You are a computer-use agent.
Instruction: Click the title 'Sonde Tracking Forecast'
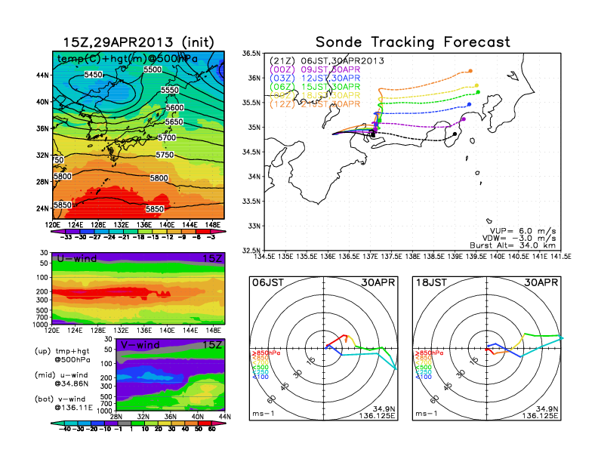point(412,42)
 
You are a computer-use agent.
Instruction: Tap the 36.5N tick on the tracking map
point(251,54)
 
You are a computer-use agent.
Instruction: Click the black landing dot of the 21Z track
point(455,134)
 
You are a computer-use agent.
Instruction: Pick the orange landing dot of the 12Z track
point(470,71)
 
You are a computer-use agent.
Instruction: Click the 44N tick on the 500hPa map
point(42,75)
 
